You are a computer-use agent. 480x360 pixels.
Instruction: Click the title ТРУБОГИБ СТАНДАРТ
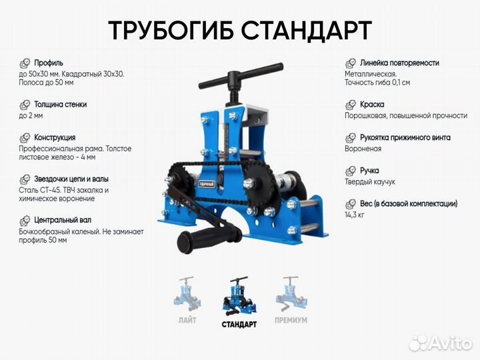pyautogui.click(x=239, y=31)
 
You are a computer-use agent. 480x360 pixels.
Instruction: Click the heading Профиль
pyautogui.click(x=49, y=63)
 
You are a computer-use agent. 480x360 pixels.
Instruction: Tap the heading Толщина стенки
pyautogui.click(x=61, y=105)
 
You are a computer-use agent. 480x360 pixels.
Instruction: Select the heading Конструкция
pyautogui.click(x=55, y=137)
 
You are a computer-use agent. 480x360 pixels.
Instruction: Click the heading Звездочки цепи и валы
pyautogui.click(x=71, y=179)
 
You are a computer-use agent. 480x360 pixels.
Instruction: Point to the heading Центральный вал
pyautogui.click(x=63, y=219)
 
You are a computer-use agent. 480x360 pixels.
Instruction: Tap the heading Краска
pyautogui.click(x=372, y=105)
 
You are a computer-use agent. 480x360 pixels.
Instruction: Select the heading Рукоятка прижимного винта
pyautogui.click(x=405, y=137)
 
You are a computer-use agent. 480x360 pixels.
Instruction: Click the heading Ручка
pyautogui.click(x=371, y=171)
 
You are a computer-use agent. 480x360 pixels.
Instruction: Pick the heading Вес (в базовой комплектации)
pyautogui.click(x=409, y=203)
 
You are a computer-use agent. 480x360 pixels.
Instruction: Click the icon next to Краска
pyautogui.click(x=351, y=105)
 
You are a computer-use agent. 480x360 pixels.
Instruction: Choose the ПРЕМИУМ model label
pyautogui.click(x=291, y=320)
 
